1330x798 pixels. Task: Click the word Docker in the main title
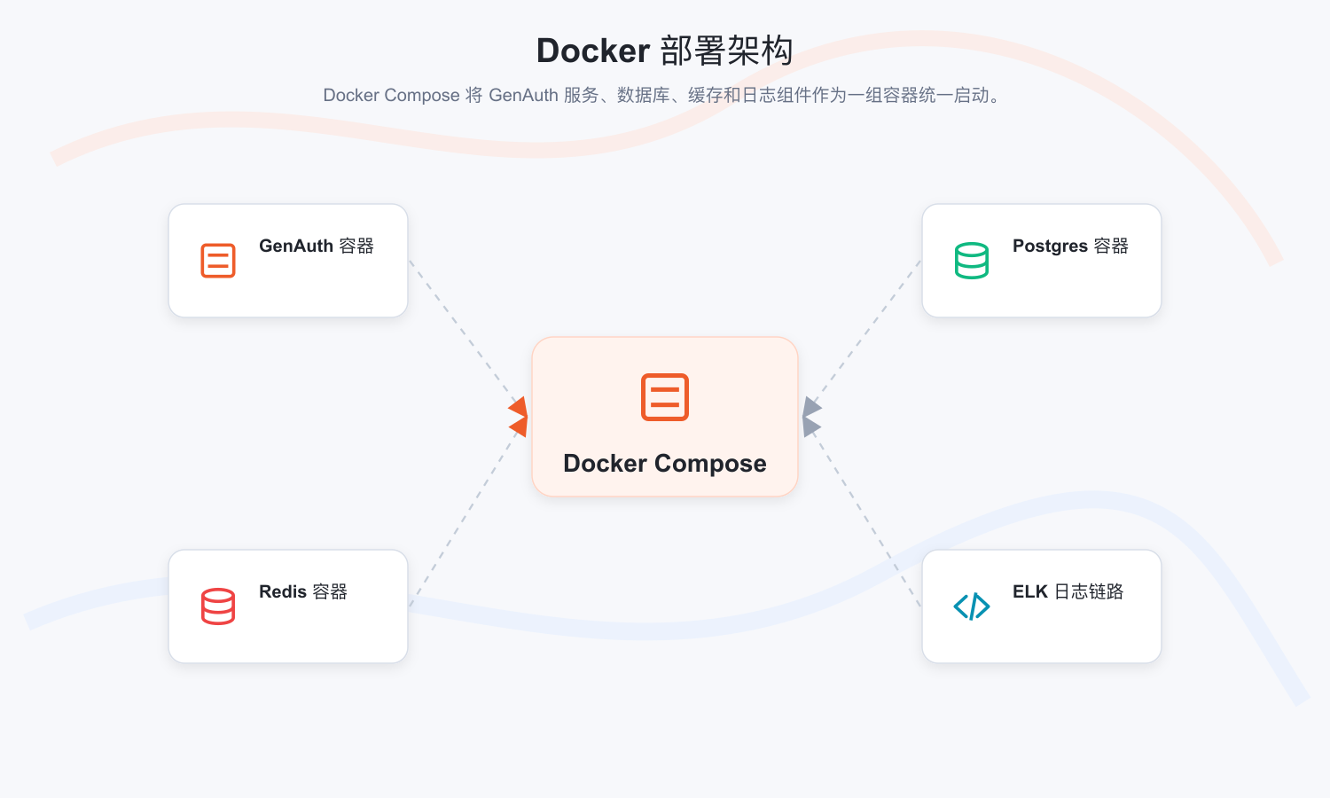coord(592,51)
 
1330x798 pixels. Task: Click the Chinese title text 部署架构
coord(727,51)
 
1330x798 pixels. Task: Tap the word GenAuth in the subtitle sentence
coord(523,95)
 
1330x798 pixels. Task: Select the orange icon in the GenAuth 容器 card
coord(218,260)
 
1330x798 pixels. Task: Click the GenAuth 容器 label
coord(317,246)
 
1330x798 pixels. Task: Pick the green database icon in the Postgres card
coord(972,260)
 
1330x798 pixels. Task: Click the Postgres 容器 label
coord(1070,246)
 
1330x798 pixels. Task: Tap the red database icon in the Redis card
coord(218,606)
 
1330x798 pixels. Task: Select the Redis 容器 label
coord(303,591)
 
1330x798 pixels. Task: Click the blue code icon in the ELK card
coord(972,606)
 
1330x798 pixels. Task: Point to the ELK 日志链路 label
coord(1068,591)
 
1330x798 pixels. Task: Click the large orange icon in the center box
coord(665,397)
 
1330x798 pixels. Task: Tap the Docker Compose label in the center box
coord(665,463)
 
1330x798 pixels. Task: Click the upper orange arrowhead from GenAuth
coord(519,407)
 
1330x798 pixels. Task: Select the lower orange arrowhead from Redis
coord(519,426)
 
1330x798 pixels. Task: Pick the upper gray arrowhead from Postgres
coord(811,407)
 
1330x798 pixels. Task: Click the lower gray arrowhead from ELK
coord(811,426)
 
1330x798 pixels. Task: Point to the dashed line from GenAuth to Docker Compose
coord(463,332)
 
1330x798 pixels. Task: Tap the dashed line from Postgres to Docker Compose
coord(867,332)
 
